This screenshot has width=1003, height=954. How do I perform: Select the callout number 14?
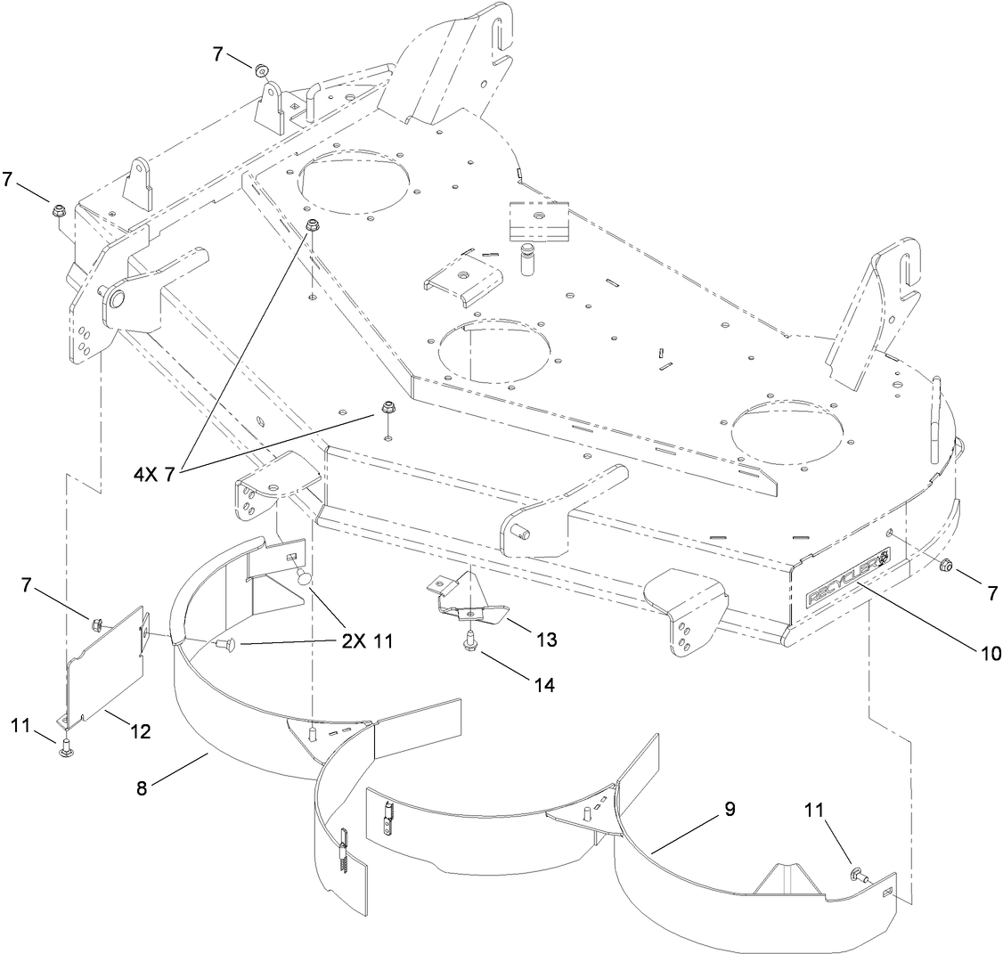(542, 685)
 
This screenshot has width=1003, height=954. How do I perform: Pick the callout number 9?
(729, 811)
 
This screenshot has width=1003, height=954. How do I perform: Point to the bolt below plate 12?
(65, 750)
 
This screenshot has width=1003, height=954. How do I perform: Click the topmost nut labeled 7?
(262, 69)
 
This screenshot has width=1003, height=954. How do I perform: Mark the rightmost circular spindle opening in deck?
(787, 427)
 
